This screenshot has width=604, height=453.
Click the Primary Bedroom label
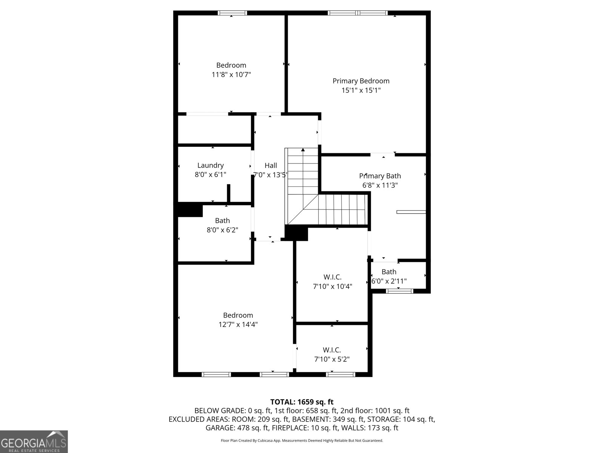click(361, 81)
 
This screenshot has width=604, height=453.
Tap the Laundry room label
click(210, 165)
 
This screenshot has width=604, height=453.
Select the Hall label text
click(271, 165)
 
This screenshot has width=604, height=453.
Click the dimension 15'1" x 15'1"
click(361, 90)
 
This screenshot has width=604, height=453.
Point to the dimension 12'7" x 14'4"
click(238, 325)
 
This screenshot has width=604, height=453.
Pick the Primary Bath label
click(380, 176)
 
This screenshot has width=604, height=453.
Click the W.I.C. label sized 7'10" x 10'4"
click(332, 277)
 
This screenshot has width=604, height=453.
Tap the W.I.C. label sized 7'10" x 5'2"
click(332, 350)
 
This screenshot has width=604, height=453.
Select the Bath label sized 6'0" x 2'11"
click(389, 272)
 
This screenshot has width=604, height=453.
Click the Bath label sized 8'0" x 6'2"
click(222, 220)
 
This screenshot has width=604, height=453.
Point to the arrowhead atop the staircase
click(303, 150)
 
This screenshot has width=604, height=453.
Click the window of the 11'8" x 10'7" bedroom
click(233, 13)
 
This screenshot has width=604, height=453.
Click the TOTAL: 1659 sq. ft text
click(302, 402)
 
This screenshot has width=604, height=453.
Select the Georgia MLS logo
click(34, 442)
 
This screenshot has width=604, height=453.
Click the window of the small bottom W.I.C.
click(341, 374)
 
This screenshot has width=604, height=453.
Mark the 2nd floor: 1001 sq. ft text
click(375, 411)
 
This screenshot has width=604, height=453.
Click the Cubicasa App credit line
click(302, 441)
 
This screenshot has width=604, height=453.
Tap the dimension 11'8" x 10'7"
click(231, 75)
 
